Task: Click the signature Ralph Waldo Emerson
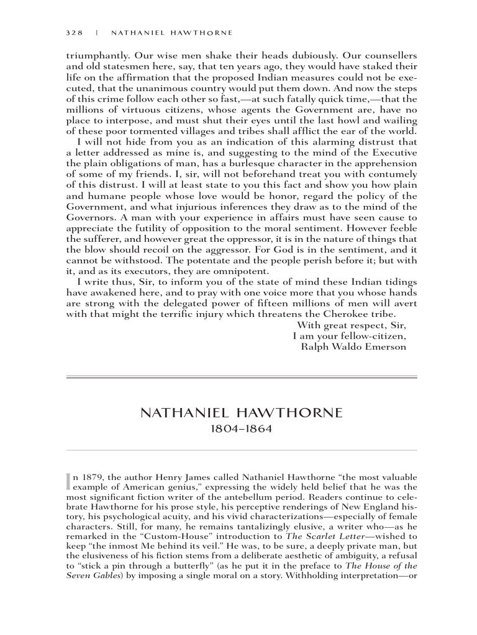click(x=353, y=346)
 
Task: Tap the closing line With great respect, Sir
click(x=352, y=325)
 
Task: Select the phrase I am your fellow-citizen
click(x=349, y=335)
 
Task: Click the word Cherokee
click(x=350, y=314)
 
